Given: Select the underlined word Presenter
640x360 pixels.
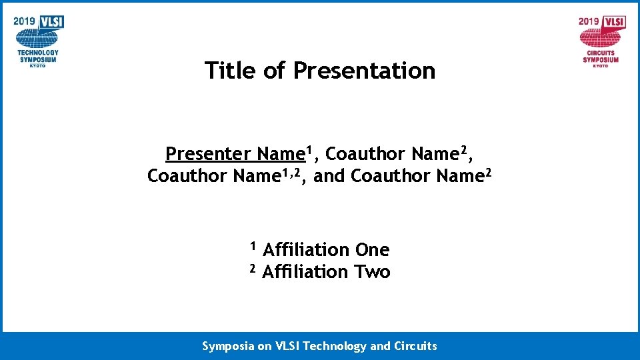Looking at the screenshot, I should [x=208, y=154].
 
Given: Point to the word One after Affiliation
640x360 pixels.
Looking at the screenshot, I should [x=372, y=250].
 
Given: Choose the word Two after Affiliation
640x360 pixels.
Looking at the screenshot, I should [x=373, y=272].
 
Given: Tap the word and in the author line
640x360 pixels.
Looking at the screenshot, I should [x=329, y=177].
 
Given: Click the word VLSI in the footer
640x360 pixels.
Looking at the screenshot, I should [x=289, y=346].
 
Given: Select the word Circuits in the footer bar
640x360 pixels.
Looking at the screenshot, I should [x=414, y=346].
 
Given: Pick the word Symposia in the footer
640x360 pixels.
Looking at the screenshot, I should [x=228, y=346].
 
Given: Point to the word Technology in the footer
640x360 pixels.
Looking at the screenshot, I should [x=337, y=346].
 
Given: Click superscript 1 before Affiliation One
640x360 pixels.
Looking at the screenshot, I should [x=253, y=245].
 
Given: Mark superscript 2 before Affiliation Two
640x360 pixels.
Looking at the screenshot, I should [x=253, y=268].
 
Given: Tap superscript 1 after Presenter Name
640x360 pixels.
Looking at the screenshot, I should [x=309, y=149].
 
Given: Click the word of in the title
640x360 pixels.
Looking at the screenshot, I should [x=274, y=70].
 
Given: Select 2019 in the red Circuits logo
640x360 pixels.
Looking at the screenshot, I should [x=589, y=21].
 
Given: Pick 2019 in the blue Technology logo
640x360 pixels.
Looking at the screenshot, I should [x=25, y=21].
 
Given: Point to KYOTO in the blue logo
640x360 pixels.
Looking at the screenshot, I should [x=38, y=65].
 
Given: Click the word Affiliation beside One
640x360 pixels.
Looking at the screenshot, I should [x=306, y=250].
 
